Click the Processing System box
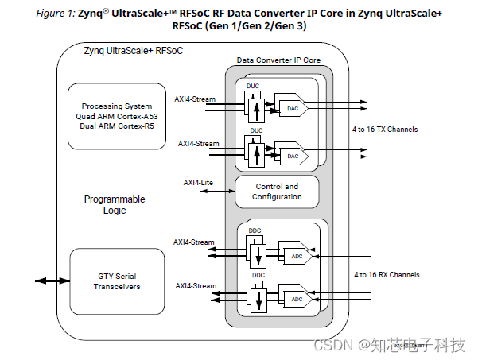coord(118,115)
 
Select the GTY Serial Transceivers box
coord(118,281)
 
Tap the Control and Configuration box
coord(277,192)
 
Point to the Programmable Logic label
coord(115,205)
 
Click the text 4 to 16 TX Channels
coord(386,130)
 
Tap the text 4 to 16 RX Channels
coord(387,275)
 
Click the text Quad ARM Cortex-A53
coord(118,115)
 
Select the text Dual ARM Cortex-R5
coord(118,125)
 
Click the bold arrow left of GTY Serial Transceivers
coord(51,281)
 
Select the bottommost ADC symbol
coord(296,299)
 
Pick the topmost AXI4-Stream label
coord(195,99)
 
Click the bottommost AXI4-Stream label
coord(195,284)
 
